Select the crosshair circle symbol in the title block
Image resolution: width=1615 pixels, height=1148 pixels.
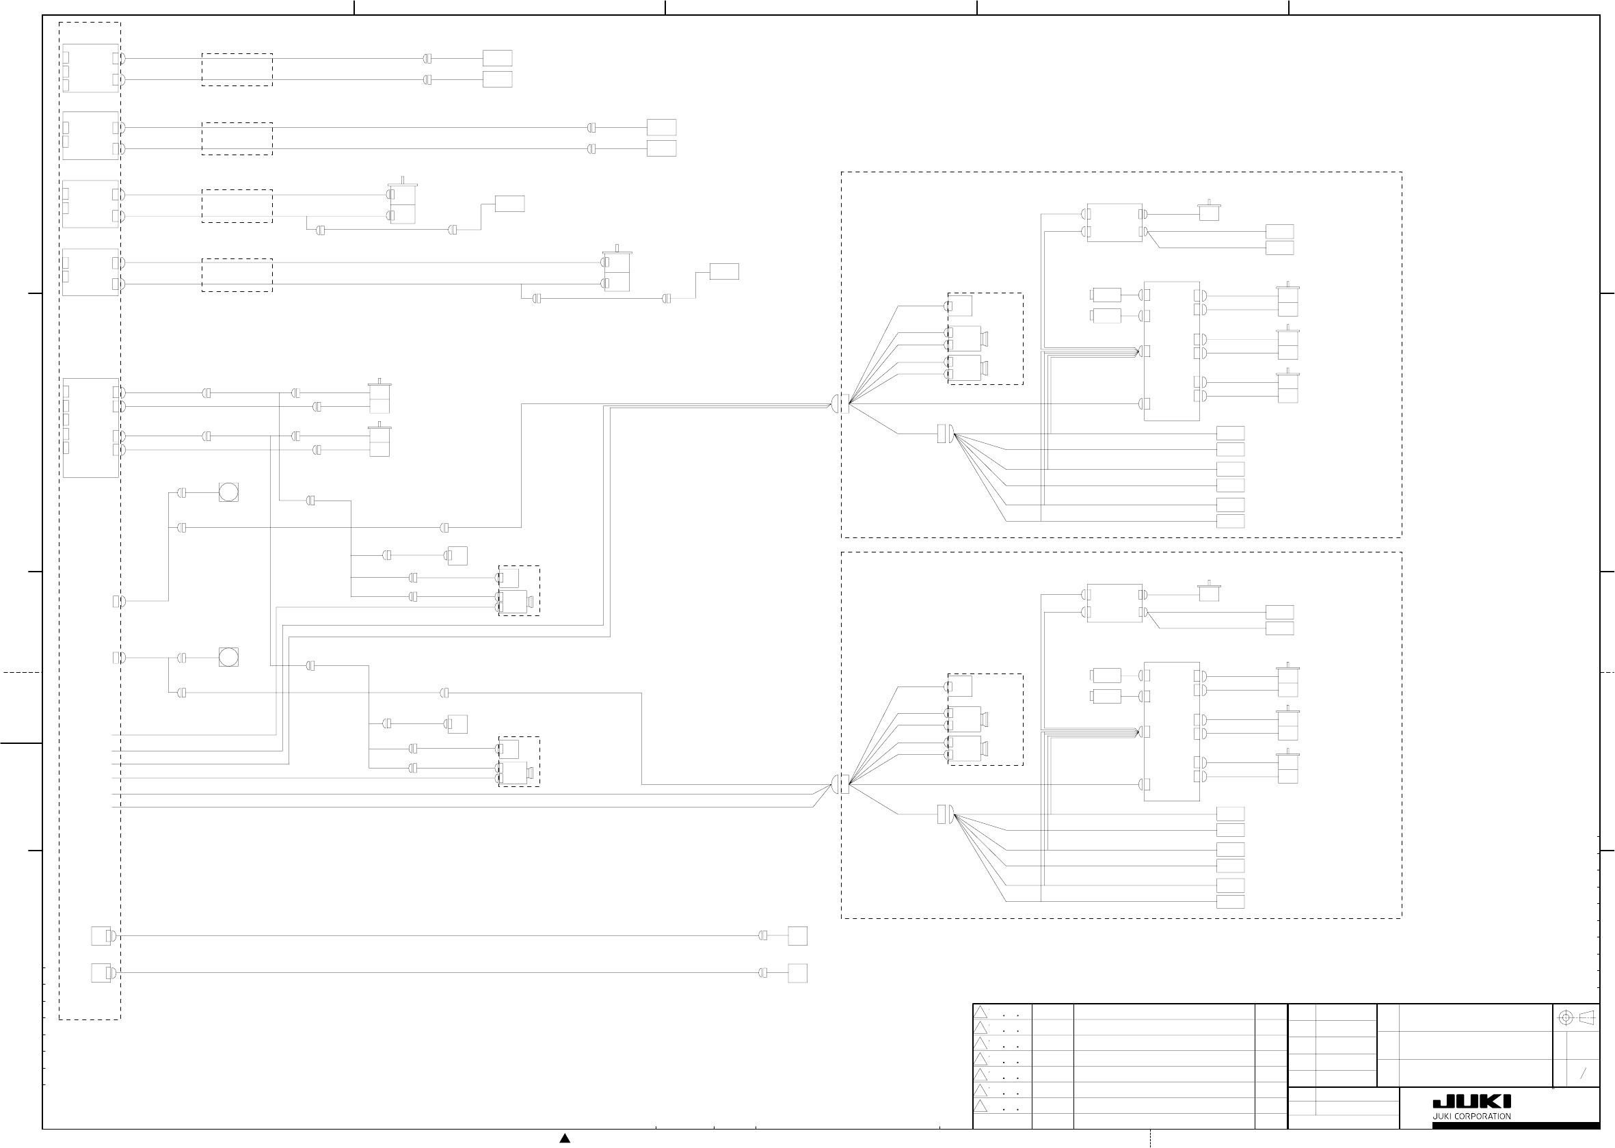[1566, 1017]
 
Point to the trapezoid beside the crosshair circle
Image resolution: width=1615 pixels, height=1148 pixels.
[1586, 1017]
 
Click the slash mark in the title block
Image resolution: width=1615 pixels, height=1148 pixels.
[1583, 1073]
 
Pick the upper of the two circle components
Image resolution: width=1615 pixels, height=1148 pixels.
[228, 492]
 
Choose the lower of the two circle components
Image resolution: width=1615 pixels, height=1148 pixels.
[228, 657]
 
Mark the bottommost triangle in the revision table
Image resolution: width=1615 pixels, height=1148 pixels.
[980, 1106]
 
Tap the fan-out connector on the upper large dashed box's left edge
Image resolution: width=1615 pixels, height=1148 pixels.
[841, 403]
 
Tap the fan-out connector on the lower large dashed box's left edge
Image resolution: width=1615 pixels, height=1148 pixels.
[841, 784]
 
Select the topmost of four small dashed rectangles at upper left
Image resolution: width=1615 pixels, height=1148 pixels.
[237, 69]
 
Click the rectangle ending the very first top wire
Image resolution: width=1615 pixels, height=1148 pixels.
[497, 58]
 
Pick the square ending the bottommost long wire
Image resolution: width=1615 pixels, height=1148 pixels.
[797, 973]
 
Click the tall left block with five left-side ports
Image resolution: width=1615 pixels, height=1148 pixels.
[90, 427]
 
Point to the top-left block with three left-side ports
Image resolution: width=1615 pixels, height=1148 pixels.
[90, 68]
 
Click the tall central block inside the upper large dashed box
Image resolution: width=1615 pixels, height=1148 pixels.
[1171, 351]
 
